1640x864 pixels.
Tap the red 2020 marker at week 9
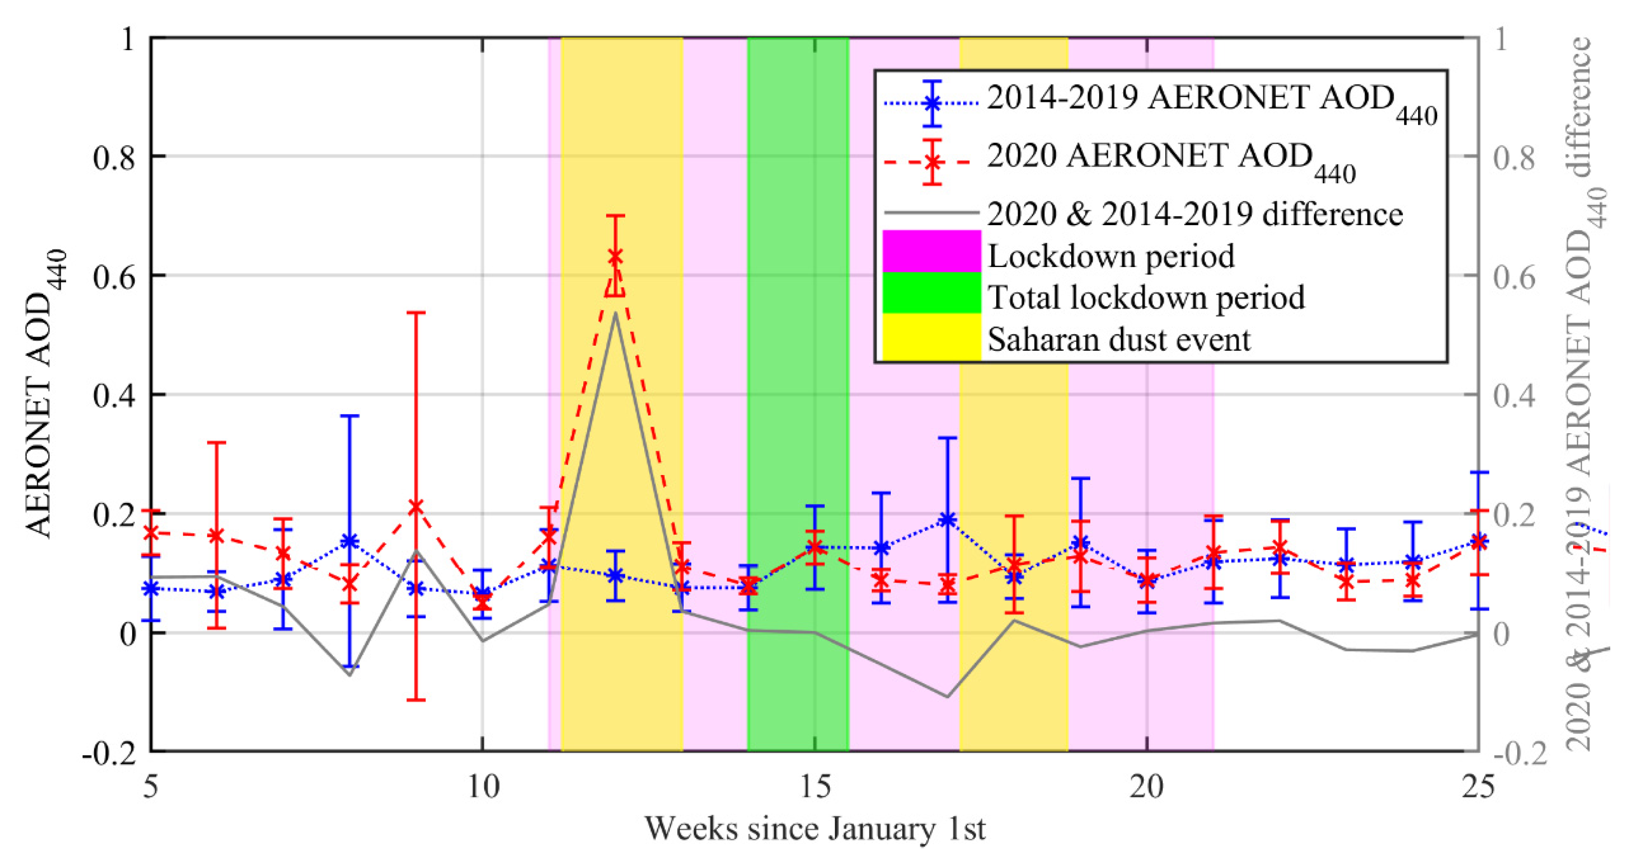click(416, 507)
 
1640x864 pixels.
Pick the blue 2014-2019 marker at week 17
click(947, 520)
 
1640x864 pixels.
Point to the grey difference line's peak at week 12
click(614, 312)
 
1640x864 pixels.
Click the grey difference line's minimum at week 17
click(947, 697)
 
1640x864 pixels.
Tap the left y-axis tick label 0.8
click(114, 157)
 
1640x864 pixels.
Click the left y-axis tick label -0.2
click(109, 753)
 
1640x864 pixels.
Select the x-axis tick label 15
click(814, 788)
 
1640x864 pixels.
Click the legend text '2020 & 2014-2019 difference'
click(1194, 214)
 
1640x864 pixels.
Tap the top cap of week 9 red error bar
click(416, 313)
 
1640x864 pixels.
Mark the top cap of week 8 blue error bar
click(349, 416)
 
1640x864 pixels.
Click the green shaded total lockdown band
click(798, 446)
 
